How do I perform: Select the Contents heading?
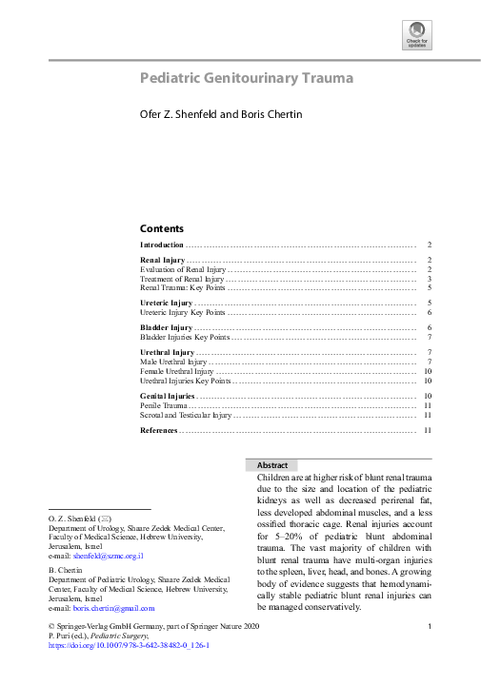click(162, 228)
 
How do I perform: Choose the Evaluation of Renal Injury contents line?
click(183, 269)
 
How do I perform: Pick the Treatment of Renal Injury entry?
click(182, 279)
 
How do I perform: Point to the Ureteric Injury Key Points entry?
click(183, 312)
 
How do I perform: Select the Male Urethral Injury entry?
click(173, 362)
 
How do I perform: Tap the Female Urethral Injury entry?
click(177, 371)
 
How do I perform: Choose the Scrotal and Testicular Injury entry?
click(186, 415)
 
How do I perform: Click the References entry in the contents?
click(159, 431)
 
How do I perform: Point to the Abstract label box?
click(272, 465)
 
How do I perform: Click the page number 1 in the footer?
click(431, 625)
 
